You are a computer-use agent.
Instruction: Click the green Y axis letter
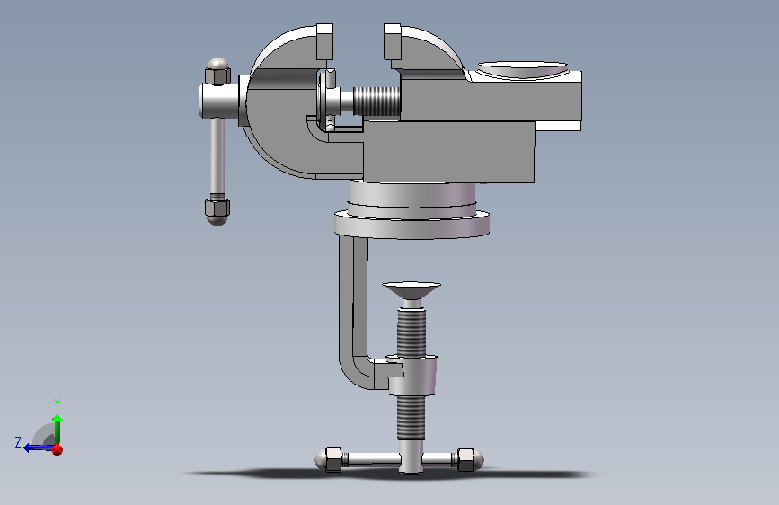point(58,404)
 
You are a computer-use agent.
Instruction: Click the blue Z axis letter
point(18,442)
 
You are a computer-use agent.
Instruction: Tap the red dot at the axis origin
point(58,450)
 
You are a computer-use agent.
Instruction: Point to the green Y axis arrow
point(58,430)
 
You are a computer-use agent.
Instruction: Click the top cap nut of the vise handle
point(217,71)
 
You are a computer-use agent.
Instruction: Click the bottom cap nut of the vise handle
point(217,211)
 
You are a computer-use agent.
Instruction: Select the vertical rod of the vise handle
point(217,156)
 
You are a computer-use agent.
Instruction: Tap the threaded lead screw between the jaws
point(376,102)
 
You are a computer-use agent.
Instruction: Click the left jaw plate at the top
point(324,41)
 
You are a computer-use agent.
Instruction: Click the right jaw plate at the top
point(393,41)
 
